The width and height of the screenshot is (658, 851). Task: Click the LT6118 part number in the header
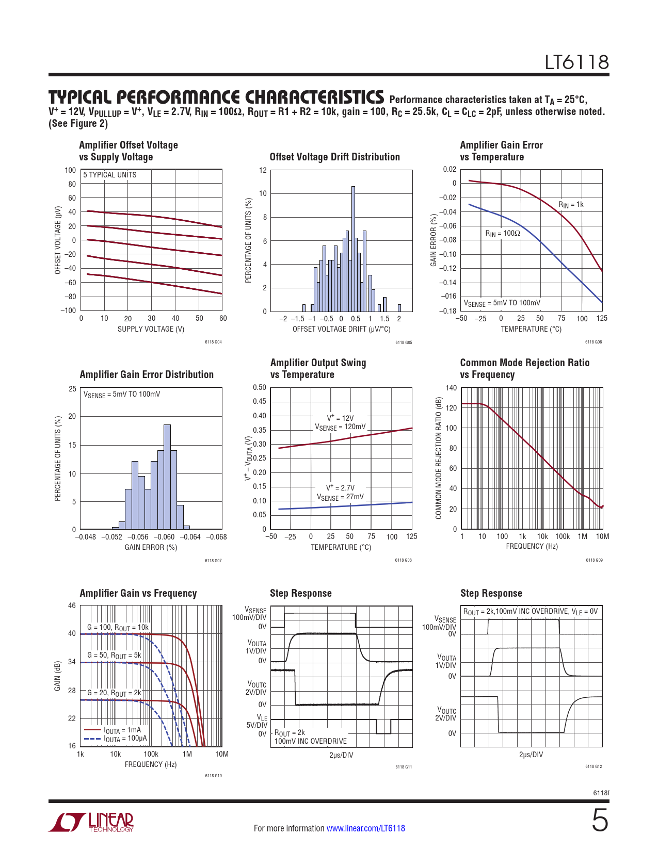[576, 62]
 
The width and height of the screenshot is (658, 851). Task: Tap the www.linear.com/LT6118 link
[365, 828]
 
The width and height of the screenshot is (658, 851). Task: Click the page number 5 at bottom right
[599, 821]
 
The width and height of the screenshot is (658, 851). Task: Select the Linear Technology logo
[91, 822]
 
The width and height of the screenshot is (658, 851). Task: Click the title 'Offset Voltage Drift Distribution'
[334, 157]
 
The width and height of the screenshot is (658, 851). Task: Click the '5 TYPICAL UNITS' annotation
[110, 175]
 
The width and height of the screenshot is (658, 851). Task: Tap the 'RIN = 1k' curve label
[571, 205]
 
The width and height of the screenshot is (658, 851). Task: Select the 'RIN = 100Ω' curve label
[503, 234]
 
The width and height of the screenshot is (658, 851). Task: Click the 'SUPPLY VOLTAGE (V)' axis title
[151, 329]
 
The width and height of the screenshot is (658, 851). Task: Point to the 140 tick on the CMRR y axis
[451, 388]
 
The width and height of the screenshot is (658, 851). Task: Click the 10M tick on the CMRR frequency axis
[602, 536]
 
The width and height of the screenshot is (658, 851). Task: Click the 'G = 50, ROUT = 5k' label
[114, 655]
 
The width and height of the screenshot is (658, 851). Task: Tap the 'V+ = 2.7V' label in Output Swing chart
[340, 488]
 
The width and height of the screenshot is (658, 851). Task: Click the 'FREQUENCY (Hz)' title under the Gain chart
[151, 764]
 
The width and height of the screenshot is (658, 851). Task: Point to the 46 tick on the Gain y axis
[72, 605]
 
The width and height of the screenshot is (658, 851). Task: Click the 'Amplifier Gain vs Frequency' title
[138, 593]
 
